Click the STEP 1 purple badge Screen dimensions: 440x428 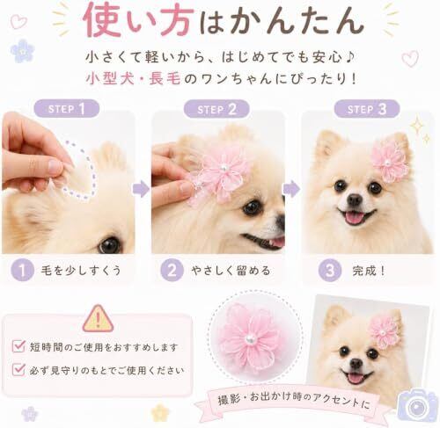tap(67, 109)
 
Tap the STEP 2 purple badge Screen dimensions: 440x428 tap(216, 109)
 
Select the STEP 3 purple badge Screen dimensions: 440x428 tap(367, 109)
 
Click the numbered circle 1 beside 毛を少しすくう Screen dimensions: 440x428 tap(23, 270)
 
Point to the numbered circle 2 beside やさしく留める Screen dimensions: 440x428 tap(172, 270)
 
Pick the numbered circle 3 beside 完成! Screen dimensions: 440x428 tap(330, 270)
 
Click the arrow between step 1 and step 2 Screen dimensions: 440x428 tap(141, 189)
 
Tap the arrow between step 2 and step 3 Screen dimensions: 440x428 tap(291, 189)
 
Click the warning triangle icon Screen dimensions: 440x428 tap(98, 319)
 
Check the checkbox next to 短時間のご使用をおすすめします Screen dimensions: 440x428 tap(18, 346)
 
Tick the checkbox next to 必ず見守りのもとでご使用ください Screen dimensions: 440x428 tap(18, 370)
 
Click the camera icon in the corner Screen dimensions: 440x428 tap(418, 406)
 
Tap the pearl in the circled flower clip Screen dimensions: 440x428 tap(249, 339)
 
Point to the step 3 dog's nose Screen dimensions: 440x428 tap(355, 199)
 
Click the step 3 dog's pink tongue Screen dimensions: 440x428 tap(354, 218)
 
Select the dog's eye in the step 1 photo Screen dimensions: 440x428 tap(110, 244)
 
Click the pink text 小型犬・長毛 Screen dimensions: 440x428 tap(134, 78)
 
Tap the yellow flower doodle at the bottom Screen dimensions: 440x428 tap(160, 412)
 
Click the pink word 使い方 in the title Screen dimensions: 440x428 tap(138, 21)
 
